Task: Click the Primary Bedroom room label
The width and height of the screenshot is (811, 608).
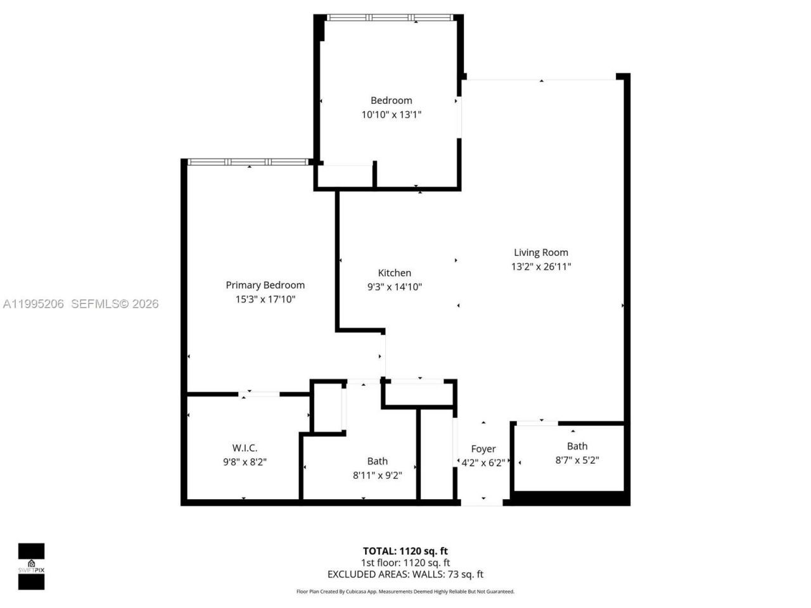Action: pos(265,285)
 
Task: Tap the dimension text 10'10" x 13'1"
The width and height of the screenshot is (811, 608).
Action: pos(391,115)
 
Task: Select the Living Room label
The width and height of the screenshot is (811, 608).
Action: pos(540,252)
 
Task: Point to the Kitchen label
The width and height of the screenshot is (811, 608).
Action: pos(394,273)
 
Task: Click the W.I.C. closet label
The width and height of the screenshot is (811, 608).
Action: pos(245,448)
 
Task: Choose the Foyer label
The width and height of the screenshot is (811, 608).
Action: pos(483,449)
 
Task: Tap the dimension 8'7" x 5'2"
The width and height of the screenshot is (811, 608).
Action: pos(577,460)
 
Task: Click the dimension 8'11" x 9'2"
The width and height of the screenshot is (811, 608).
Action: pos(377,475)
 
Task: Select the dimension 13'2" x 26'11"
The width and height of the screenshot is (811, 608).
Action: pos(540,267)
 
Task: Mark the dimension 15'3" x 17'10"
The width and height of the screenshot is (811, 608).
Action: pos(265,300)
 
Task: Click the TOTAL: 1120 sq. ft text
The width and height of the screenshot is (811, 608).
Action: pos(405,551)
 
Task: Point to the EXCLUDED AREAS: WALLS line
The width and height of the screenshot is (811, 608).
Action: pos(405,574)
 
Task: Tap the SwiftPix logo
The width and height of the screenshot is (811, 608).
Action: pos(31,566)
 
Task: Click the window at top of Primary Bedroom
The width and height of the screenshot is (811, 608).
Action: pos(248,162)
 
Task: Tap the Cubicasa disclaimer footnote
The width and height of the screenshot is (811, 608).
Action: pos(405,592)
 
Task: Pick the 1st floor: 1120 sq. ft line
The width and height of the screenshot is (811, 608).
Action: pos(405,562)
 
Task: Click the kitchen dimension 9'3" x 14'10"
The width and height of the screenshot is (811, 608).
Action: pos(394,287)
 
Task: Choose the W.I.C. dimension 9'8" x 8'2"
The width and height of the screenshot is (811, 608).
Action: pos(245,462)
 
